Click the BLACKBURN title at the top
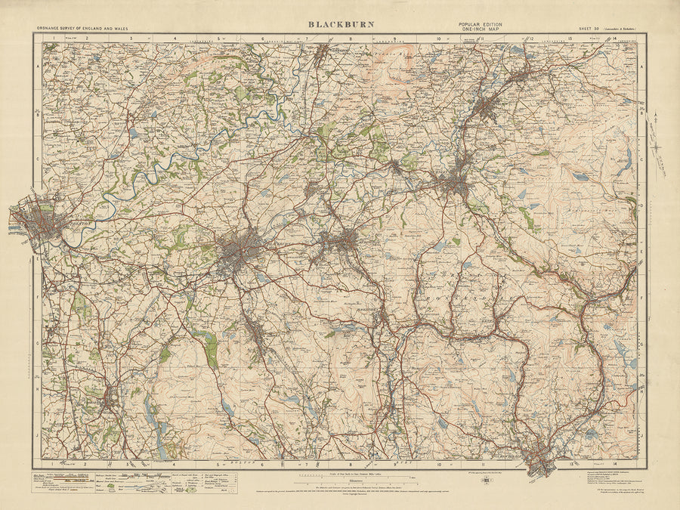(x=339, y=24)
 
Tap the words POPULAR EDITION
(x=478, y=24)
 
